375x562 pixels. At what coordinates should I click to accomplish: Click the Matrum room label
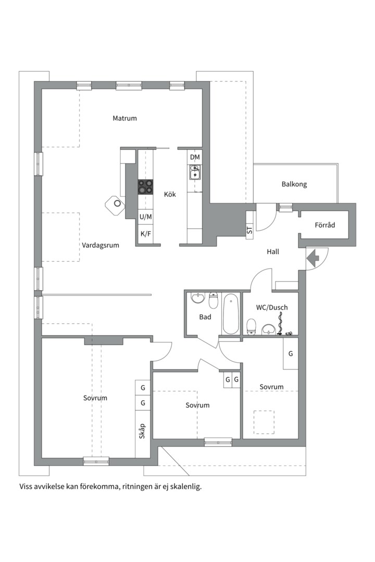pyautogui.click(x=124, y=118)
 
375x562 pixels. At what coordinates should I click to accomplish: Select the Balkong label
pyautogui.click(x=294, y=184)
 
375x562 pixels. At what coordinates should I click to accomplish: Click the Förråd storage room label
pyautogui.click(x=324, y=225)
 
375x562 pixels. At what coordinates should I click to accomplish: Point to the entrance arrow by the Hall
pyautogui.click(x=314, y=258)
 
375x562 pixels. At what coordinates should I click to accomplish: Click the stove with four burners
pyautogui.click(x=145, y=187)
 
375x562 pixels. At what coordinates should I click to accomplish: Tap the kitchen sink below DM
pyautogui.click(x=195, y=172)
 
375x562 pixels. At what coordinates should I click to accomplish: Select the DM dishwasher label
pyautogui.click(x=195, y=157)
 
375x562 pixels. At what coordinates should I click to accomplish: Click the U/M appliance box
pyautogui.click(x=145, y=216)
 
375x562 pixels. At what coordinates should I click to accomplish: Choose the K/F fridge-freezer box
pyautogui.click(x=145, y=234)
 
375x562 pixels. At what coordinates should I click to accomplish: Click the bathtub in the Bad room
pyautogui.click(x=231, y=314)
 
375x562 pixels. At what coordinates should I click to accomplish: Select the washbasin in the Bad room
pyautogui.click(x=197, y=298)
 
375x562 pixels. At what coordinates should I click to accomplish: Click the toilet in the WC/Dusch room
pyautogui.click(x=251, y=327)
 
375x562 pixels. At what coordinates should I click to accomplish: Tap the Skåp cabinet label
pyautogui.click(x=142, y=431)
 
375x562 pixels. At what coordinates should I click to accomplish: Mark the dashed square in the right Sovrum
pyautogui.click(x=264, y=421)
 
